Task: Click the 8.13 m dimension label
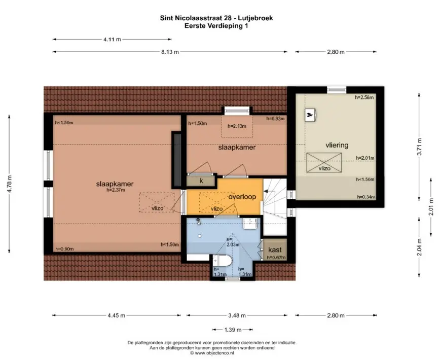click(x=170, y=52)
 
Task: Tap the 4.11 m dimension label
click(x=112, y=39)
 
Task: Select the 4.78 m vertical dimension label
click(x=10, y=184)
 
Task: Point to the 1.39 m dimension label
click(x=233, y=330)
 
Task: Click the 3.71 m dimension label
click(x=419, y=147)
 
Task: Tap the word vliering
click(x=337, y=145)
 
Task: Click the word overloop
click(x=242, y=197)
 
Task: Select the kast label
click(x=275, y=250)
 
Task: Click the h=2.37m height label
click(x=116, y=190)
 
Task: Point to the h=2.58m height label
click(x=364, y=97)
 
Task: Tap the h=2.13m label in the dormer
click(x=237, y=126)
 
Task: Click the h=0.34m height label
click(x=366, y=197)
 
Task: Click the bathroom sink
click(x=250, y=223)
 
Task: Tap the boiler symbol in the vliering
click(x=311, y=115)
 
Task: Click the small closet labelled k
click(x=201, y=181)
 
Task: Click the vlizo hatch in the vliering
click(x=324, y=163)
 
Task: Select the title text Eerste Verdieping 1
click(x=216, y=26)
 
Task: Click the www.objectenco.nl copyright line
click(x=212, y=353)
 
